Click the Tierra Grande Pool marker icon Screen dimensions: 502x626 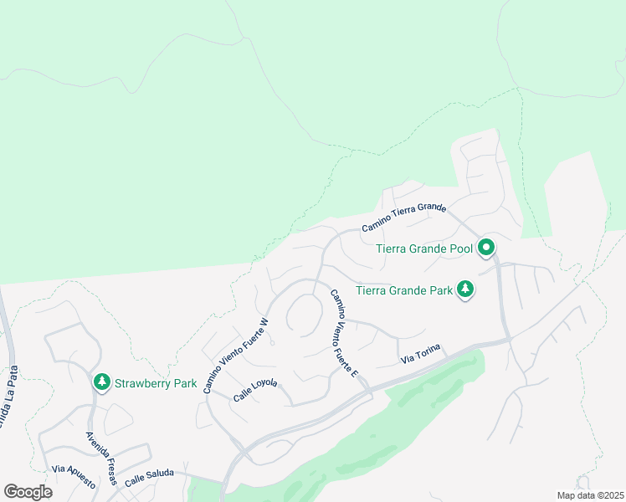point(486,248)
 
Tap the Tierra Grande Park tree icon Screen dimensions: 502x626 point(465,290)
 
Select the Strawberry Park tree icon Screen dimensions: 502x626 point(102,382)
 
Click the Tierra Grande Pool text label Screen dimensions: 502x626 point(424,248)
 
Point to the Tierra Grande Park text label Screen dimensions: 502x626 point(404,291)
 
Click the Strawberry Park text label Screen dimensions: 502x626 point(156,384)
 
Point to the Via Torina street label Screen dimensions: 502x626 point(420,356)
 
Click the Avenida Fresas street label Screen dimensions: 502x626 point(101,458)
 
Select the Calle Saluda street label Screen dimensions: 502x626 point(149,476)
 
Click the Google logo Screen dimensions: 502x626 point(27,491)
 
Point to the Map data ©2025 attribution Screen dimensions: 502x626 point(590,495)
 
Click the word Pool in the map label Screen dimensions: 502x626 point(459,248)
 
